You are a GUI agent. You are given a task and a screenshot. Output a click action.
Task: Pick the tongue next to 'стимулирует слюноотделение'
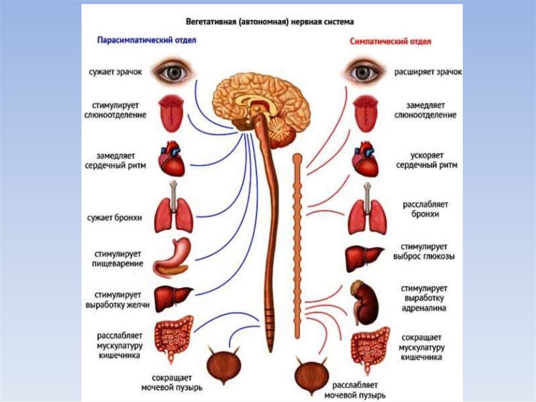[171, 113]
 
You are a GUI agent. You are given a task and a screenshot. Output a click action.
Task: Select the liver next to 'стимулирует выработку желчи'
[173, 298]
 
